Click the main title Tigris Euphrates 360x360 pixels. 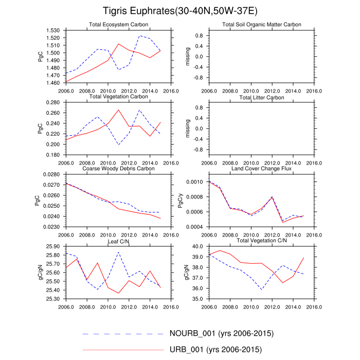(x=180, y=10)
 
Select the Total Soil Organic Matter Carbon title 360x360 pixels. (x=262, y=25)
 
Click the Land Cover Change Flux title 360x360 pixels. (x=262, y=168)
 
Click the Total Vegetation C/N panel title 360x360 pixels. (x=262, y=241)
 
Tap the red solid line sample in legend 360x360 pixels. (x=122, y=350)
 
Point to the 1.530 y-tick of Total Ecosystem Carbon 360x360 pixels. (x=54, y=31)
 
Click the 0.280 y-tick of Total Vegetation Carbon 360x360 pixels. (x=54, y=103)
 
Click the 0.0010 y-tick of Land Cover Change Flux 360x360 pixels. (x=196, y=182)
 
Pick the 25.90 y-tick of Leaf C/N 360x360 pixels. (x=54, y=247)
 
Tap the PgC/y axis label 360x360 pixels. (x=179, y=201)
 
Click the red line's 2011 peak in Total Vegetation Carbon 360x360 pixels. (x=118, y=110)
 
